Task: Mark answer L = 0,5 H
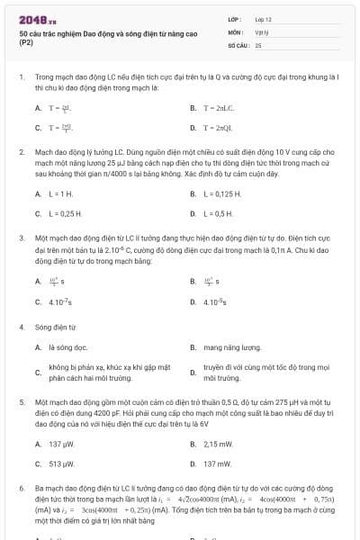(x=220, y=213)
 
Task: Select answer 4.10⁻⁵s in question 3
(x=219, y=301)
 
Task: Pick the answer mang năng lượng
(x=231, y=346)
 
